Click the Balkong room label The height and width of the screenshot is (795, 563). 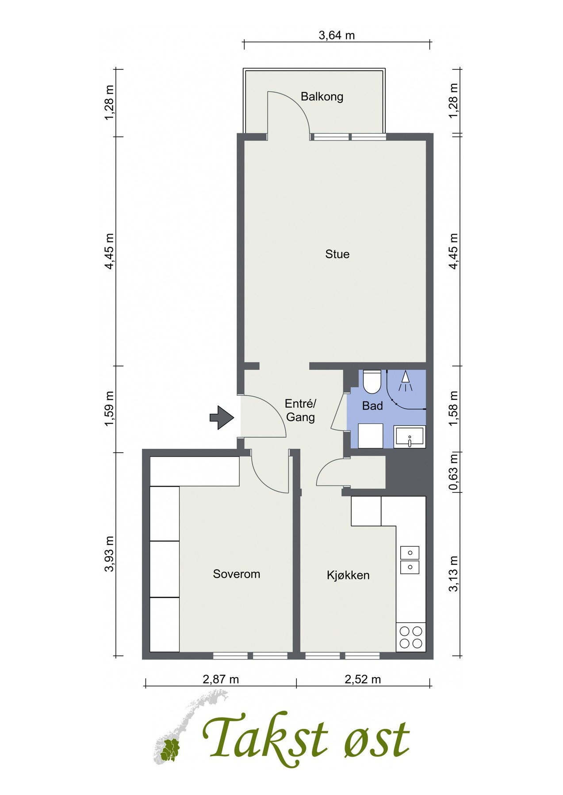pyautogui.click(x=322, y=97)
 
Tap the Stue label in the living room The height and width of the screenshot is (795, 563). pyautogui.click(x=337, y=254)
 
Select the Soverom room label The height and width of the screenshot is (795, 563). pyautogui.click(x=237, y=574)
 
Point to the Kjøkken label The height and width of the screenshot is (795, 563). pyautogui.click(x=348, y=575)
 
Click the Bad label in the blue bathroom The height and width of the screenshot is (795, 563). pyautogui.click(x=372, y=406)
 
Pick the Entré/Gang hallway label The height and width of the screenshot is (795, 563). pyautogui.click(x=301, y=410)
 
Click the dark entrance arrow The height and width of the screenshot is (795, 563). pyautogui.click(x=222, y=417)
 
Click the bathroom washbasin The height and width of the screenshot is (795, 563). pyautogui.click(x=410, y=437)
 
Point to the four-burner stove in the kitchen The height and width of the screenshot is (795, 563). pyautogui.click(x=410, y=637)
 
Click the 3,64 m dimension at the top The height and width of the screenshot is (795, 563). pyautogui.click(x=337, y=35)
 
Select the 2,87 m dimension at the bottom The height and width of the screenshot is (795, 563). pyautogui.click(x=221, y=679)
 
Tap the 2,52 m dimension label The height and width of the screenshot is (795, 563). pyautogui.click(x=363, y=679)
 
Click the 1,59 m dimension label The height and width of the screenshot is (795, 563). pyautogui.click(x=109, y=409)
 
